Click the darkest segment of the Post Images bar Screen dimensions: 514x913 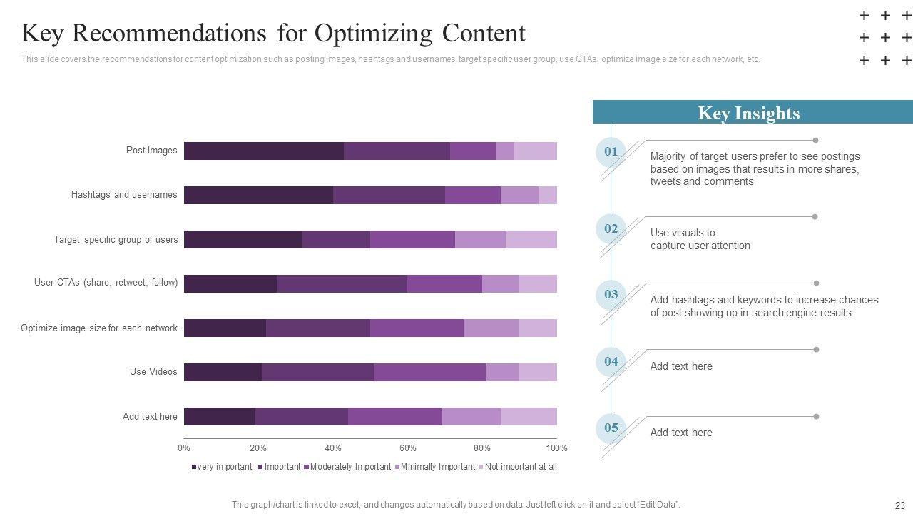pyautogui.click(x=263, y=151)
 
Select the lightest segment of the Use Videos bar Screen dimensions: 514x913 pyautogui.click(x=538, y=372)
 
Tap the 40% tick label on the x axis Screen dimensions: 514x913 pyautogui.click(x=332, y=448)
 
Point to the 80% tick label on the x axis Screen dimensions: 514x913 pyautogui.click(x=482, y=448)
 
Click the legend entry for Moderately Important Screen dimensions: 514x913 pyautogui.click(x=347, y=467)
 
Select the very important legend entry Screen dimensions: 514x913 pyautogui.click(x=222, y=467)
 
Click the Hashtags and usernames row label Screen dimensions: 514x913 pyautogui.click(x=124, y=194)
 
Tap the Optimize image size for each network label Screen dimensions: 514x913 pyautogui.click(x=99, y=328)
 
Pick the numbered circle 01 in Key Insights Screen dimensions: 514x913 pyautogui.click(x=611, y=151)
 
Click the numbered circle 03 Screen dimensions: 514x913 pyautogui.click(x=611, y=294)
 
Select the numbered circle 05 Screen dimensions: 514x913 pyautogui.click(x=611, y=428)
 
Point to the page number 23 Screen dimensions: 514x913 pyautogui.click(x=899, y=505)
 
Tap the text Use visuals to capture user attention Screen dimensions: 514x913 pyautogui.click(x=700, y=239)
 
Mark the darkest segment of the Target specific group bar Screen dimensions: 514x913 pyautogui.click(x=243, y=239)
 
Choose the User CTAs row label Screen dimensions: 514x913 pyautogui.click(x=106, y=283)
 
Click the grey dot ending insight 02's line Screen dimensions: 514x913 pyautogui.click(x=815, y=216)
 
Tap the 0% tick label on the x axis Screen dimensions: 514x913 pyautogui.click(x=184, y=448)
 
